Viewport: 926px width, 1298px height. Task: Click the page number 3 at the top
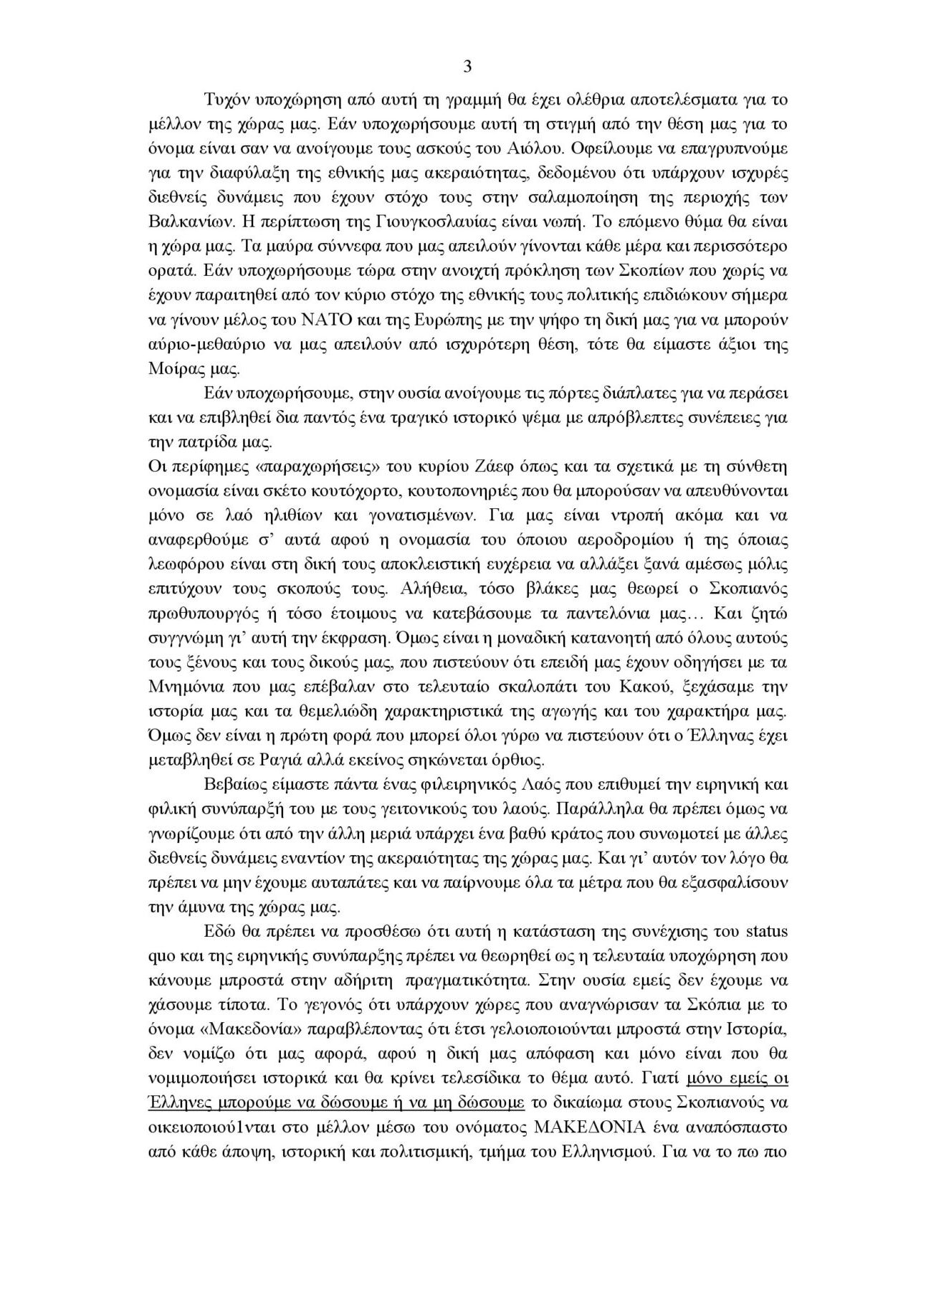467,67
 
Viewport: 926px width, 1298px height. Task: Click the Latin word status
768,932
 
